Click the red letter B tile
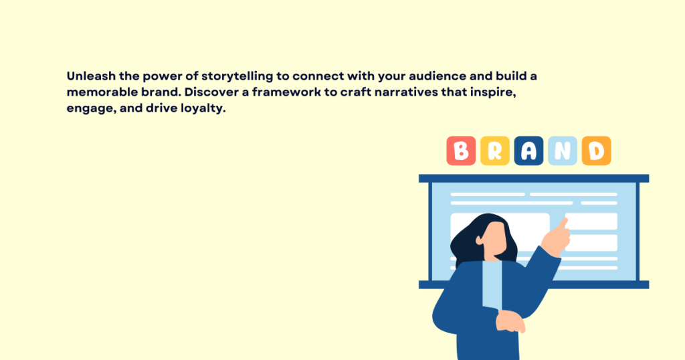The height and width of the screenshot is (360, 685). click(461, 151)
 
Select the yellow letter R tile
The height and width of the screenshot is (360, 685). click(495, 151)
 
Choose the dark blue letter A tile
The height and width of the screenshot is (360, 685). click(528, 151)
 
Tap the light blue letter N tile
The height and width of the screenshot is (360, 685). click(563, 151)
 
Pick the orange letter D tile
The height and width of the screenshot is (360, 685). click(596, 151)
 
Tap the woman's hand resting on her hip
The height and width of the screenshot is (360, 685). click(510, 323)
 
